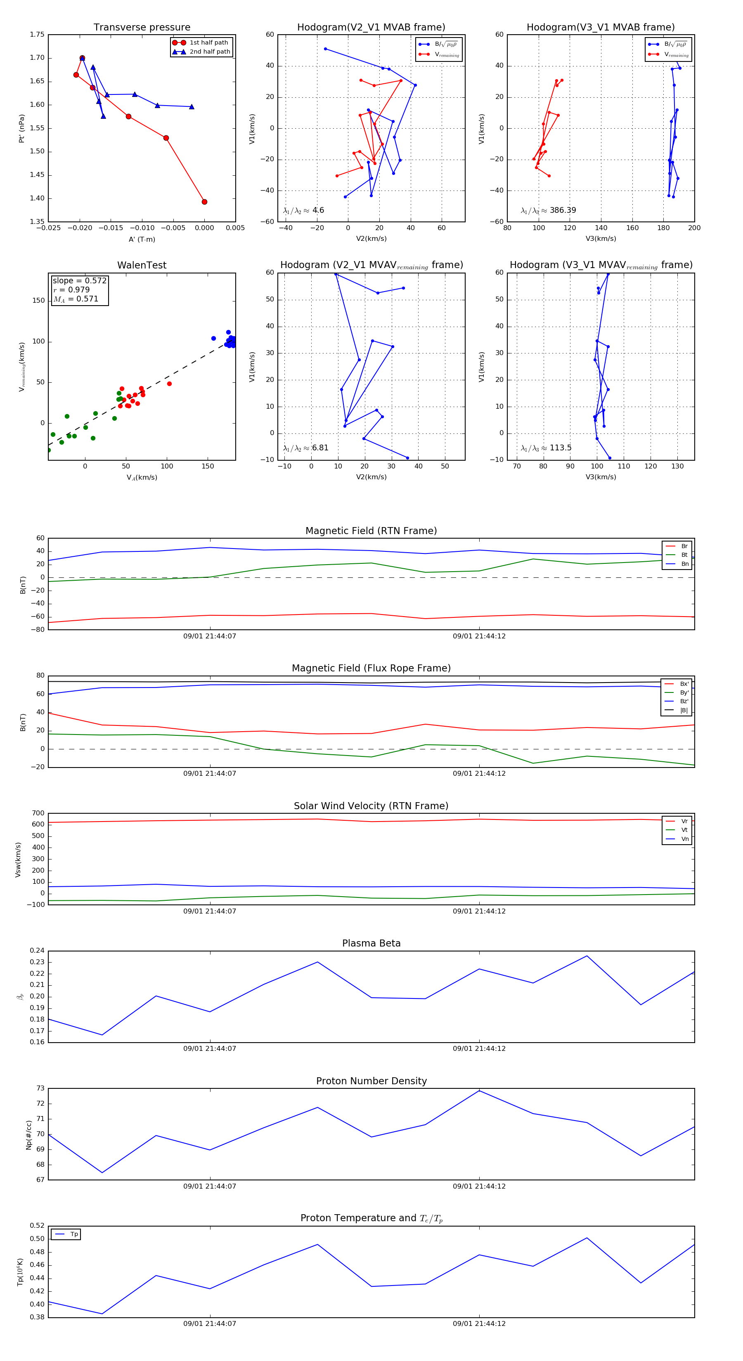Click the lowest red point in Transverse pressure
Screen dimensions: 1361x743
click(x=204, y=202)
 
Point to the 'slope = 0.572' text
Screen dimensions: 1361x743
click(x=79, y=280)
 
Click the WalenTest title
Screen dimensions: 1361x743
click(x=142, y=265)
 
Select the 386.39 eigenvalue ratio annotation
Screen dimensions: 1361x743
click(x=562, y=210)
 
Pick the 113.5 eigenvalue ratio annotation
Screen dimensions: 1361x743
click(x=560, y=448)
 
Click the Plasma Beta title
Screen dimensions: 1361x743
click(x=371, y=943)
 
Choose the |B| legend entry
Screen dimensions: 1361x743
click(x=684, y=710)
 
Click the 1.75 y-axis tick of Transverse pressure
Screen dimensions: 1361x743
click(x=37, y=35)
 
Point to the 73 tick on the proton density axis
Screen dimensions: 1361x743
click(x=40, y=1088)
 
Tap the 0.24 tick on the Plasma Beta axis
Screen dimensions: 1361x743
click(x=37, y=951)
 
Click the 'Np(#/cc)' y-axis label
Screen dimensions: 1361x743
click(x=29, y=1135)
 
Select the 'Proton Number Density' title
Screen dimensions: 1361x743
click(x=371, y=1081)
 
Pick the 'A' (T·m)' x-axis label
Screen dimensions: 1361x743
click(x=142, y=239)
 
